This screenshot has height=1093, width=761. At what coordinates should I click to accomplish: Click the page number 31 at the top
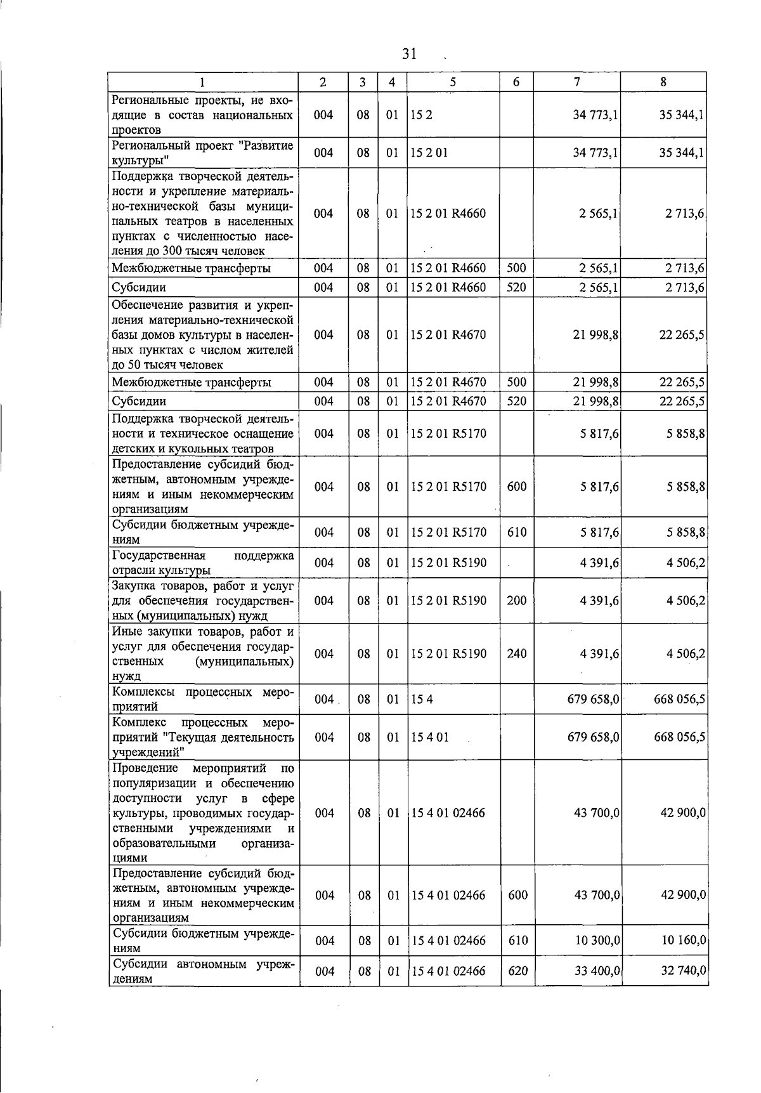pos(409,54)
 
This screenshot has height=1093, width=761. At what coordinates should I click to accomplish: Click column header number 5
pos(453,82)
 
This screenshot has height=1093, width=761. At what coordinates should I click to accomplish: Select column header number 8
pos(663,82)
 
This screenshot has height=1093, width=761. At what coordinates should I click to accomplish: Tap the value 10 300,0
pos(597,940)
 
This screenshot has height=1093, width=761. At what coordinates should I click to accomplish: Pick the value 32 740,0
pos(684,971)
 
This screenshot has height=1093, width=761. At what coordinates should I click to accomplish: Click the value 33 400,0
pos(597,971)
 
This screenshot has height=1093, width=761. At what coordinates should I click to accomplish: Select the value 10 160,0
pos(684,940)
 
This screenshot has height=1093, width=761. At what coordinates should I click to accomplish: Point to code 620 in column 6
pos(517,971)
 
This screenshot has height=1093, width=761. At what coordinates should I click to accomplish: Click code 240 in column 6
pos(517,653)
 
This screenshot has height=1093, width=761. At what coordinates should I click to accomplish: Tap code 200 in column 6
pos(517,600)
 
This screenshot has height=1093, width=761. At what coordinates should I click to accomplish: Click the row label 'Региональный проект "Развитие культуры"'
pos(202,153)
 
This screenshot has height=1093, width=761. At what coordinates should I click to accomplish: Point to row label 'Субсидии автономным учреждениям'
pos(203,971)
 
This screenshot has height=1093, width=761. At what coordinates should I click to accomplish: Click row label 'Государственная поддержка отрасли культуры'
pos(202,563)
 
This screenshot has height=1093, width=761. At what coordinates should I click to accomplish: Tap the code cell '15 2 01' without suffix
pos(429,153)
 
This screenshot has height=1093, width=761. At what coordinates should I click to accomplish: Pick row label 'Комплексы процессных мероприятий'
pos(202,699)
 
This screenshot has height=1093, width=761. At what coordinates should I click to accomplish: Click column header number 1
pos(202,82)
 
